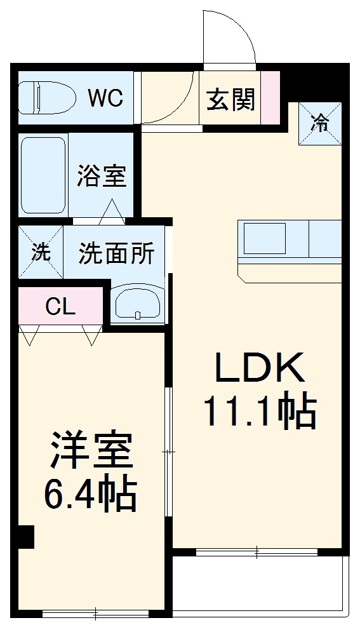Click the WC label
click(105, 98)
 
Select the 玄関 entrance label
click(231, 100)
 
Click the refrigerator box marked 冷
click(321, 123)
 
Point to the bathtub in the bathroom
click(43, 175)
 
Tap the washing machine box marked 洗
click(41, 252)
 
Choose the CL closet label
click(61, 307)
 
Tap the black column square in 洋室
click(25, 537)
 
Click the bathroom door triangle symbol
click(112, 212)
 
